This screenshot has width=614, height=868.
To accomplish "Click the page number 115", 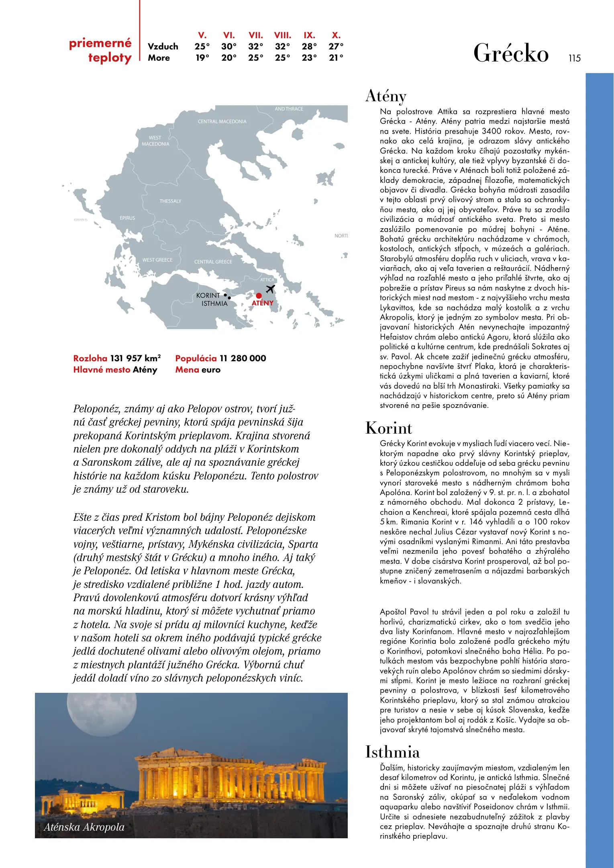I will coord(574,58).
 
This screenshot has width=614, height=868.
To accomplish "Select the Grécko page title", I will coord(511,53).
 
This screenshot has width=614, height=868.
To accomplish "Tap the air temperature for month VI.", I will coord(229,47).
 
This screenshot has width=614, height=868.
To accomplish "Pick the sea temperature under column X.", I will coord(336,58).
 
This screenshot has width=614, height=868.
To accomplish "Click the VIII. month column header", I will coord(283,35).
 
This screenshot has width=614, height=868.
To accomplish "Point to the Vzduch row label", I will coord(163,47).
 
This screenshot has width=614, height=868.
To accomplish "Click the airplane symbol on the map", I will coord(270,289).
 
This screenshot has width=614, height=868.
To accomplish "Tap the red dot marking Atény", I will coord(259,296).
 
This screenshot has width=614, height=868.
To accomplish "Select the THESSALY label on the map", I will coord(170,201).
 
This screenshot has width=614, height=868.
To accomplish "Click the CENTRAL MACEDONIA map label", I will coord(222,122).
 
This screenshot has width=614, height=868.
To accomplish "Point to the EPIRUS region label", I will coord(127,218).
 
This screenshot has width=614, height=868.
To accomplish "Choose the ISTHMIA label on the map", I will coord(214,304).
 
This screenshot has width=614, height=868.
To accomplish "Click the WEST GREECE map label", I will coord(157,260).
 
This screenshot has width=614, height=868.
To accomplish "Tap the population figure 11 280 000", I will coord(243,358).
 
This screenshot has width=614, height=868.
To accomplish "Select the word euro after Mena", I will coord(211,370).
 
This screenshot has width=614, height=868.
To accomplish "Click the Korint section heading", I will coord(389,428).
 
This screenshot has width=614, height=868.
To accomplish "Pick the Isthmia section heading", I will coord(392,752).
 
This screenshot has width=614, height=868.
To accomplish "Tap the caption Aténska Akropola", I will coord(84,827).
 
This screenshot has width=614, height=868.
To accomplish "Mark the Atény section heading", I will coord(386,96).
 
